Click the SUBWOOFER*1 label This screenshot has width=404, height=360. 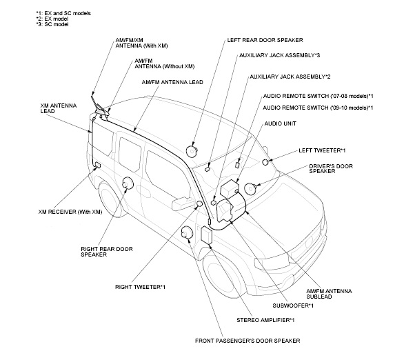[291, 305]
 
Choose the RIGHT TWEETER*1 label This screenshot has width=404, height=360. [140, 286]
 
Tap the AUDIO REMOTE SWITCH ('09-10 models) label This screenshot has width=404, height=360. [318, 108]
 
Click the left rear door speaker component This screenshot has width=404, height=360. [192, 150]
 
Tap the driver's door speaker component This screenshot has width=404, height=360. [250, 188]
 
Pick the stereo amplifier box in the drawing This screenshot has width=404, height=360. [206, 234]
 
